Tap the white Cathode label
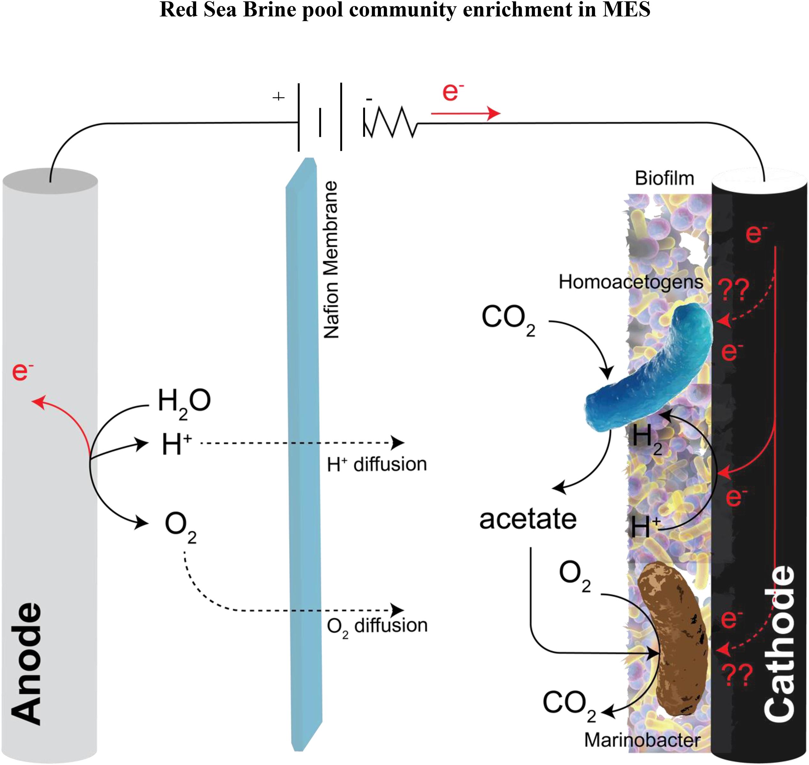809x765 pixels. (779, 644)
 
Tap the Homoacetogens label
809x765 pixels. (630, 281)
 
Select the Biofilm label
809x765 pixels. (664, 178)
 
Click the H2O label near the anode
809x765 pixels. (184, 402)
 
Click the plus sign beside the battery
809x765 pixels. (278, 97)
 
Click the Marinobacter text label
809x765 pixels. (642, 740)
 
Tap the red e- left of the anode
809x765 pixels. (22, 371)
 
